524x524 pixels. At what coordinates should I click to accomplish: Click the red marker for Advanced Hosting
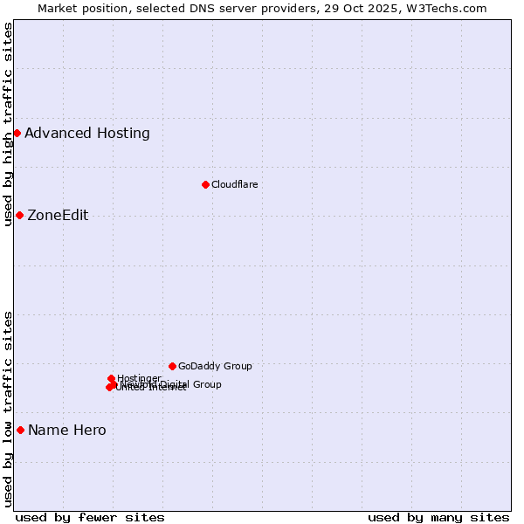point(17,133)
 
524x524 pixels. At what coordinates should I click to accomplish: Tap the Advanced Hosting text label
point(87,134)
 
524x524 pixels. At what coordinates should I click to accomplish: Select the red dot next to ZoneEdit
point(19,215)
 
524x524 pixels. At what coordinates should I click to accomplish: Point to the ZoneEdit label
point(58,216)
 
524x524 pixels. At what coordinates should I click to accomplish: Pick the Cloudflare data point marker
point(205,184)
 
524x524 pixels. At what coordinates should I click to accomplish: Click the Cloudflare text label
point(234,184)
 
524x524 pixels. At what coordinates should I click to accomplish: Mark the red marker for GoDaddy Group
point(172,366)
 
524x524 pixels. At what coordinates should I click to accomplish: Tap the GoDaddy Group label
point(215,366)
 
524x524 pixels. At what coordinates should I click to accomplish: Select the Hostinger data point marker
point(111,378)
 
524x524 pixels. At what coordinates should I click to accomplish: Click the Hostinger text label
point(139,378)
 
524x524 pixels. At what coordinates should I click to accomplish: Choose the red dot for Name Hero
point(20,430)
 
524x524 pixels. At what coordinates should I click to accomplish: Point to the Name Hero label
point(67,431)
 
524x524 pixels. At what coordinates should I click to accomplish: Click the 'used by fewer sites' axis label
point(90,517)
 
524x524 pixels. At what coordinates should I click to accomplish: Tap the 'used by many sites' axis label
point(438,517)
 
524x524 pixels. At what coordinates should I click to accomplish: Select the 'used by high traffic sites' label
point(8,124)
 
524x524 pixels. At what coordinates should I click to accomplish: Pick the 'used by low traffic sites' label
point(8,409)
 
